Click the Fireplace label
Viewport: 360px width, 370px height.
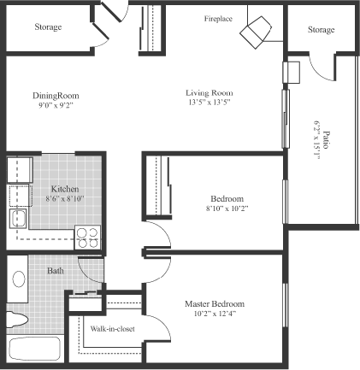click(218, 19)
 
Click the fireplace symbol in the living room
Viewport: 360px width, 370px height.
click(256, 32)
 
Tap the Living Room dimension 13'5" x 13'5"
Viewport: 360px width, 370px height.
click(210, 103)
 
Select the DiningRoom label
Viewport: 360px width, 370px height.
click(56, 96)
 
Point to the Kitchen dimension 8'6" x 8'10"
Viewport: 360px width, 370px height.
click(65, 199)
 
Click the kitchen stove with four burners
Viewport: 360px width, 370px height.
click(87, 238)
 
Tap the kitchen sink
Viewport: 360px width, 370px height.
click(18, 219)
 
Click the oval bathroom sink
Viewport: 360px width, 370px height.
click(19, 279)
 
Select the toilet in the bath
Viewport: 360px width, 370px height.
click(16, 320)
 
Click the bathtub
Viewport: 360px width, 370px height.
click(35, 349)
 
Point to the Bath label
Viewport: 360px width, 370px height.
click(56, 270)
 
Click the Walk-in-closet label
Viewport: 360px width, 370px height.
click(113, 329)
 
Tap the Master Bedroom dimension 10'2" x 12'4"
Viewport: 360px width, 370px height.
click(215, 314)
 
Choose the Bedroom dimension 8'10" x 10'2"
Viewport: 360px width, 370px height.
click(227, 208)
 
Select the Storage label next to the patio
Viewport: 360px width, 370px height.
click(321, 30)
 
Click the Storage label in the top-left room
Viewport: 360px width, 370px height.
click(48, 26)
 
